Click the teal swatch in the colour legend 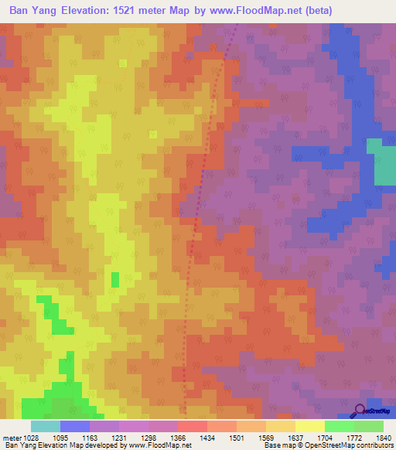(x=46, y=426)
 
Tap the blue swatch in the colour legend (x=75, y=426)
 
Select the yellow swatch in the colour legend (x=310, y=426)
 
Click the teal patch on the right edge (x=381, y=162)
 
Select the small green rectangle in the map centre (x=115, y=279)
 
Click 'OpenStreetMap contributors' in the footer (x=350, y=445)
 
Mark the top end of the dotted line (x=236, y=26)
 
